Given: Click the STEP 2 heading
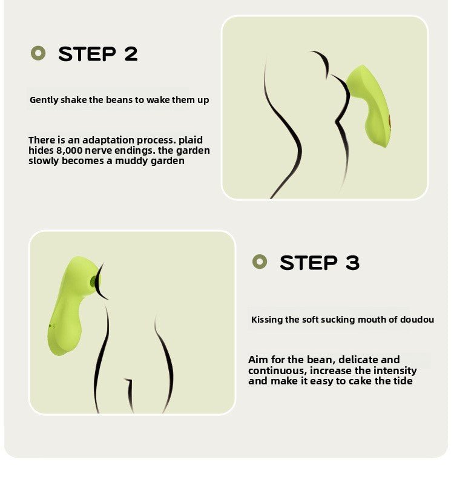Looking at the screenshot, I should click(x=97, y=54).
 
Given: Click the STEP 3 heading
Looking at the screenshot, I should click(x=319, y=263).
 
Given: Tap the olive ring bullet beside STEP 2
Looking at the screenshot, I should click(x=38, y=53).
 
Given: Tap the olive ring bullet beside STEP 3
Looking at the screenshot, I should click(x=260, y=262).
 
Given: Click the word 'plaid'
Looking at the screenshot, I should click(x=191, y=140).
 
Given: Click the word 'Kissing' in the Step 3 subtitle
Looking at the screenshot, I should click(x=267, y=320).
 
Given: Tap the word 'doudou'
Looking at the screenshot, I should click(x=417, y=320).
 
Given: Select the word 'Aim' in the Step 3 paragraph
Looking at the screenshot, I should click(x=257, y=360).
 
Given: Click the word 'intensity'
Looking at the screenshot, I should click(x=394, y=370).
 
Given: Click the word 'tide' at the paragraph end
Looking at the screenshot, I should click(x=401, y=381).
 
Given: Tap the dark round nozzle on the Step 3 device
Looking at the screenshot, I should click(x=94, y=281).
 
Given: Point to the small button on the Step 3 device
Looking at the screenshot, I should click(x=52, y=326).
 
